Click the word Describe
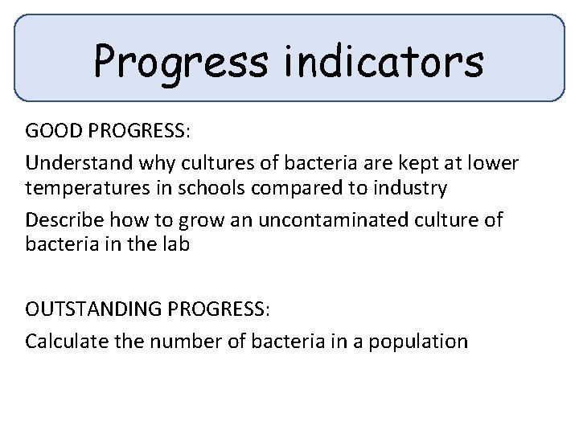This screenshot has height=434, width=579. (61, 219)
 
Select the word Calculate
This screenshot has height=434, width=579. (61, 340)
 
